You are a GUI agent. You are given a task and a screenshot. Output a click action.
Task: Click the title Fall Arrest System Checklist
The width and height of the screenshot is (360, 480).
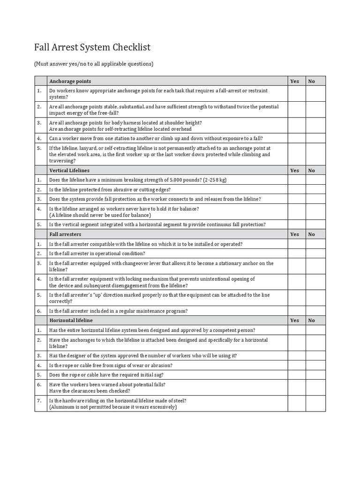pos(92,48)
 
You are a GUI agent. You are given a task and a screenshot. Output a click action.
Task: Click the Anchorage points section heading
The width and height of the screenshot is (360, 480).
pos(70,81)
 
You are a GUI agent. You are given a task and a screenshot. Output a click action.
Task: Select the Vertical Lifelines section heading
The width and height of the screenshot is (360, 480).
pos(69,171)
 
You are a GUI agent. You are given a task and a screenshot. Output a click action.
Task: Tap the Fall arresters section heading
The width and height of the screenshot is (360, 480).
pos(65,234)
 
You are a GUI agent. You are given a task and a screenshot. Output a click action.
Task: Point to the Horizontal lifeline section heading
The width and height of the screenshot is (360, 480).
pos(71,321)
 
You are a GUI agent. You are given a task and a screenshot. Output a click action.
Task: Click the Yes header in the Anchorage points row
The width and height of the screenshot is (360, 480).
pos(294,81)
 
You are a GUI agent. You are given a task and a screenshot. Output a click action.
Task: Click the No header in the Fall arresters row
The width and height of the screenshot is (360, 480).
pos(312,234)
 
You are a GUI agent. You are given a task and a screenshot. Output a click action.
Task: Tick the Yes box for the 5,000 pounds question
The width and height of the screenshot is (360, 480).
pos(297,180)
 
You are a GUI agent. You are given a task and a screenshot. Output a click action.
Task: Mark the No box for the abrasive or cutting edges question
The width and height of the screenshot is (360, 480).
pos(315,189)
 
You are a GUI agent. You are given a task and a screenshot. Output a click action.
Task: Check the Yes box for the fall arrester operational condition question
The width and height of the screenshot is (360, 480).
pos(297,254)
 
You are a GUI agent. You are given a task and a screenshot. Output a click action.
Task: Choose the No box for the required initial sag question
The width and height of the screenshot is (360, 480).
pos(315,375)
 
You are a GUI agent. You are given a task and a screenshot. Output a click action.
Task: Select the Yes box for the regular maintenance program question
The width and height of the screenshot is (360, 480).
pos(297,311)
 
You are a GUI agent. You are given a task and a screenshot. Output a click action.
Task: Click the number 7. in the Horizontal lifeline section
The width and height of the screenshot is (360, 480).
pos(39,401)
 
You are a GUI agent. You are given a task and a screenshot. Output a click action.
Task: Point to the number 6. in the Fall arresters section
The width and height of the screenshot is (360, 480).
pos(39,311)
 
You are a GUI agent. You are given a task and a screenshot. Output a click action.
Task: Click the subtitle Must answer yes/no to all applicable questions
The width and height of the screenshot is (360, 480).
pos(94,64)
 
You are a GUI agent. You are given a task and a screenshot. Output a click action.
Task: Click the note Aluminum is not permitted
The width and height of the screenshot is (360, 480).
pos(113,407)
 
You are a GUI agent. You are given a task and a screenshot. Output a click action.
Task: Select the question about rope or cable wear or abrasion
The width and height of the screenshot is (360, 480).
pos(111,366)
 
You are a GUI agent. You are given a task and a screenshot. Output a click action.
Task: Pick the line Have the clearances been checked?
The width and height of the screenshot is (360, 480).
pos(90,391)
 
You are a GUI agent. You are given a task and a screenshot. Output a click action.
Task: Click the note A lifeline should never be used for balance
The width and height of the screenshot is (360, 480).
pos(100,215)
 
